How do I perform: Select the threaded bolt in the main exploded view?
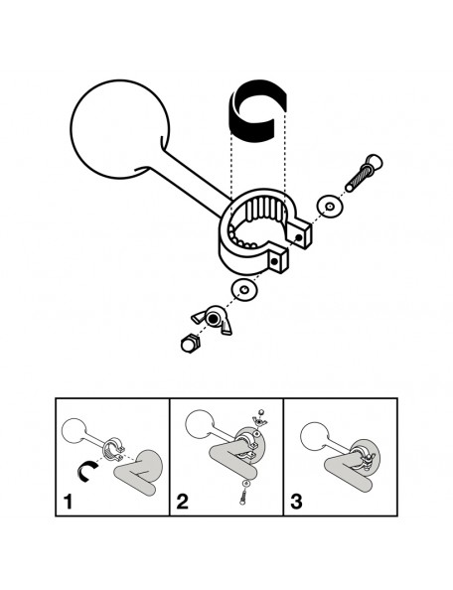[x=364, y=173]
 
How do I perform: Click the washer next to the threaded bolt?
[x=330, y=207]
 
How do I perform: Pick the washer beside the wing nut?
[x=244, y=290]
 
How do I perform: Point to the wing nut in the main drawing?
[x=212, y=320]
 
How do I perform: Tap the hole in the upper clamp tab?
[x=298, y=237]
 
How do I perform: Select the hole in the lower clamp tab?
[x=274, y=261]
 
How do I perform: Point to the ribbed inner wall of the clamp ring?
[x=264, y=209]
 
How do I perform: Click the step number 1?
[x=68, y=502]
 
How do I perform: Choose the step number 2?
[x=182, y=502]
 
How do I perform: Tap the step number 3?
[x=296, y=502]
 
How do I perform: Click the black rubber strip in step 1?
[x=81, y=471]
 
